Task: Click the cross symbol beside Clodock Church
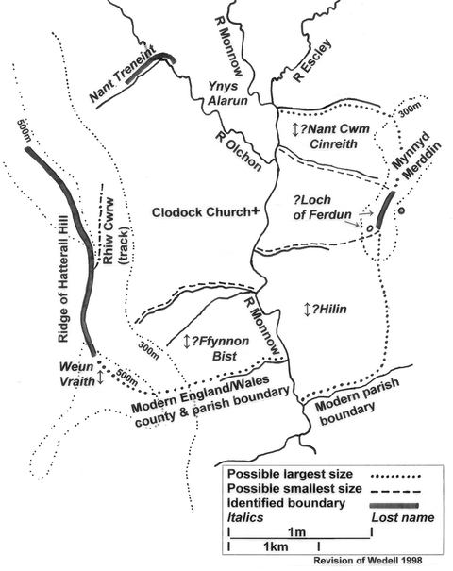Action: [x=256, y=210]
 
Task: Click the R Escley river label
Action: [x=312, y=60]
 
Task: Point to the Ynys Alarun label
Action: [x=227, y=92]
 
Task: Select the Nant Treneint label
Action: [x=123, y=74]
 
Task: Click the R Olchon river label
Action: [x=239, y=151]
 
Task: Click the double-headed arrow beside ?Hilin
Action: [x=308, y=310]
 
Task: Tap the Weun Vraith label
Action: [x=76, y=373]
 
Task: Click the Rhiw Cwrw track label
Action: [x=113, y=231]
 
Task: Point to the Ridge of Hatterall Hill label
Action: [x=63, y=279]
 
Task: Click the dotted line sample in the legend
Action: [x=395, y=476]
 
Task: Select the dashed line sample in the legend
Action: [x=395, y=491]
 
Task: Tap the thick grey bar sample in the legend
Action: [x=394, y=505]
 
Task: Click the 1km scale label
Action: [x=276, y=546]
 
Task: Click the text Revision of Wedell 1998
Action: [x=368, y=560]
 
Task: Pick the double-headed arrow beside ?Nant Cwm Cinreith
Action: [x=295, y=129]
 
